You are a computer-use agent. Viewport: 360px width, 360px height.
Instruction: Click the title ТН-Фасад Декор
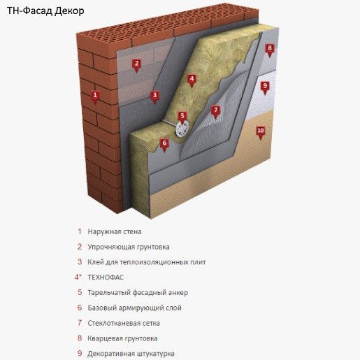click(x=45, y=11)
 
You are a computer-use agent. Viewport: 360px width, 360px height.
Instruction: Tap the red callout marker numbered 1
click(x=95, y=96)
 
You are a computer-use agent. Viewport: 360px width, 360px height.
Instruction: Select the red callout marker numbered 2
click(x=136, y=65)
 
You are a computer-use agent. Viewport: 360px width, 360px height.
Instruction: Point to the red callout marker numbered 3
click(x=154, y=96)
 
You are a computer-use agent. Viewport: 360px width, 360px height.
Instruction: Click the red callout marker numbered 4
click(x=192, y=80)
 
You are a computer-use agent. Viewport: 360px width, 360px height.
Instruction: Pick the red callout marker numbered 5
click(x=182, y=117)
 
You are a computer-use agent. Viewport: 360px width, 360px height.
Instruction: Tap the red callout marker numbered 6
click(x=164, y=145)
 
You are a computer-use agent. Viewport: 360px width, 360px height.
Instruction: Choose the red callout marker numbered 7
click(x=215, y=112)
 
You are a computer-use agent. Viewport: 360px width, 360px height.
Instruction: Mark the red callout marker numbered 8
click(x=270, y=50)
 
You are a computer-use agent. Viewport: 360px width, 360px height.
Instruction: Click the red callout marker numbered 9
click(x=265, y=87)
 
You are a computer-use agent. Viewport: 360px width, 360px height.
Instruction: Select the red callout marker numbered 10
click(x=261, y=132)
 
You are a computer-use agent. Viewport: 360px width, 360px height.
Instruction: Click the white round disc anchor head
click(x=182, y=129)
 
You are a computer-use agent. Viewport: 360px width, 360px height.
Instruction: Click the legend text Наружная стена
click(x=115, y=232)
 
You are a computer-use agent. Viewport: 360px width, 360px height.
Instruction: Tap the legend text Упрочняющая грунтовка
click(x=129, y=247)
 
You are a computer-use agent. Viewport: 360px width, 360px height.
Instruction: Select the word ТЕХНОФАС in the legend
click(x=106, y=278)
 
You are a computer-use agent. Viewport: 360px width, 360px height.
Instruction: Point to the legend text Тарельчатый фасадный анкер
click(x=138, y=293)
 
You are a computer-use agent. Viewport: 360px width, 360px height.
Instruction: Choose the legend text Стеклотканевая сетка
click(x=124, y=323)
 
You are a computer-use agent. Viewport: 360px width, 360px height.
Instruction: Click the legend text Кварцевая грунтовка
click(x=122, y=338)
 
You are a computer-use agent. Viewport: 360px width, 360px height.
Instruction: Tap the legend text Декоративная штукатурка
click(x=131, y=354)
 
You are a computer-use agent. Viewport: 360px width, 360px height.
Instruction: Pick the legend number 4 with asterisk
click(x=78, y=277)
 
